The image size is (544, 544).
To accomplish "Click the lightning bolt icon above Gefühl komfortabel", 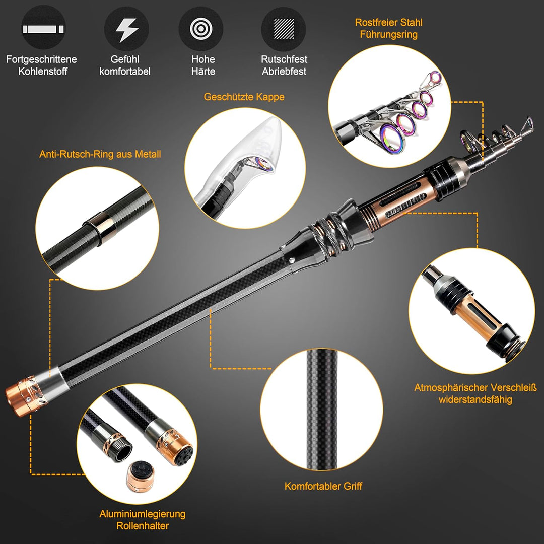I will point(126,29).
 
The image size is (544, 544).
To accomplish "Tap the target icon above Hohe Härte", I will point(200,29).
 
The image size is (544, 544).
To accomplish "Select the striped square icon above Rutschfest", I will point(283,29).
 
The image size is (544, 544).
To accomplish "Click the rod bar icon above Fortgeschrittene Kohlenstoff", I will point(43,29).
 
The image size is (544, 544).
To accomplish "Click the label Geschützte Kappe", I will point(244,97).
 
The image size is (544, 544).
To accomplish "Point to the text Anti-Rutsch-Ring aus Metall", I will point(100,154).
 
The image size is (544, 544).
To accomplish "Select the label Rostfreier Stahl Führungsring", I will point(388,29).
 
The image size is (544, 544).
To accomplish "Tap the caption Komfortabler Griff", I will point(323,486).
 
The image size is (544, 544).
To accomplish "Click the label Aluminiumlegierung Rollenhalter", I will point(143,520).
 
